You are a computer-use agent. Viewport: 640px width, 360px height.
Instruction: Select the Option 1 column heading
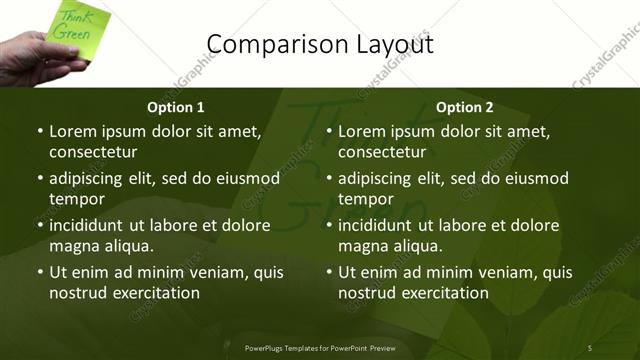click(x=176, y=107)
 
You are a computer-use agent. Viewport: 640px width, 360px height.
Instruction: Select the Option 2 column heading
click(x=465, y=107)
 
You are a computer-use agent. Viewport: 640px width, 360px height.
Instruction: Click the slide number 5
click(x=590, y=347)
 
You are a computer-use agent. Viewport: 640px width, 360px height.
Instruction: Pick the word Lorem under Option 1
click(x=72, y=131)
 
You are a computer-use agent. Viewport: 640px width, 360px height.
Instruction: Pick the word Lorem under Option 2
click(x=361, y=131)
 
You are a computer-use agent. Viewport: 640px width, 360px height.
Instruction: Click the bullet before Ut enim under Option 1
click(x=39, y=272)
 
